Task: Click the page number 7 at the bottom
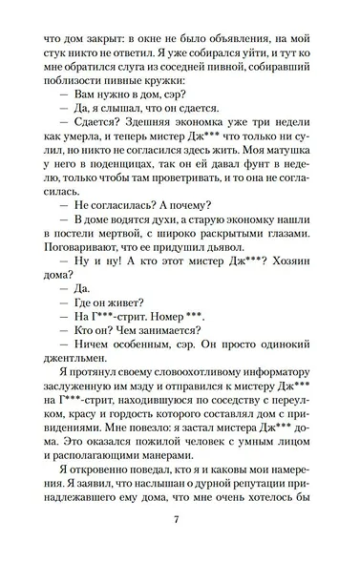point(178,520)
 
